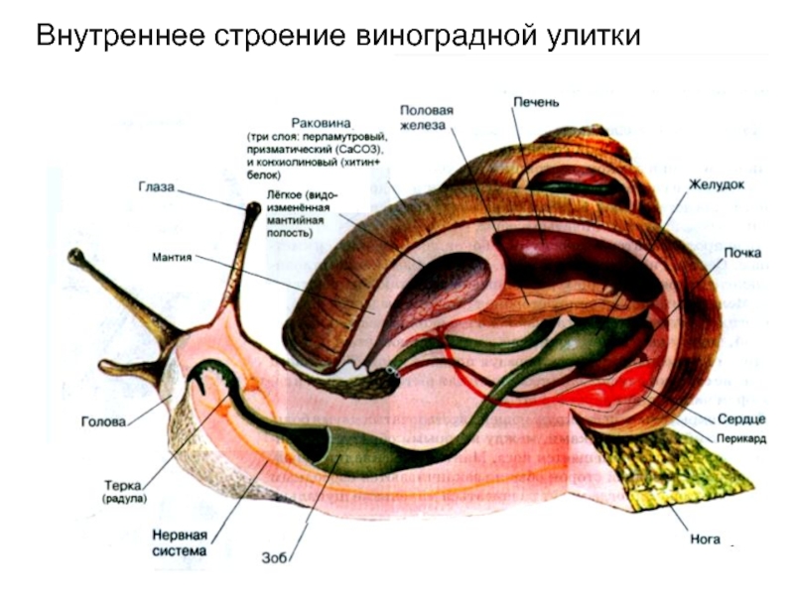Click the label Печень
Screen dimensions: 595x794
point(537,101)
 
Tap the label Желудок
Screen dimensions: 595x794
point(717,184)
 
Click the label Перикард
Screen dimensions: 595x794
point(739,436)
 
